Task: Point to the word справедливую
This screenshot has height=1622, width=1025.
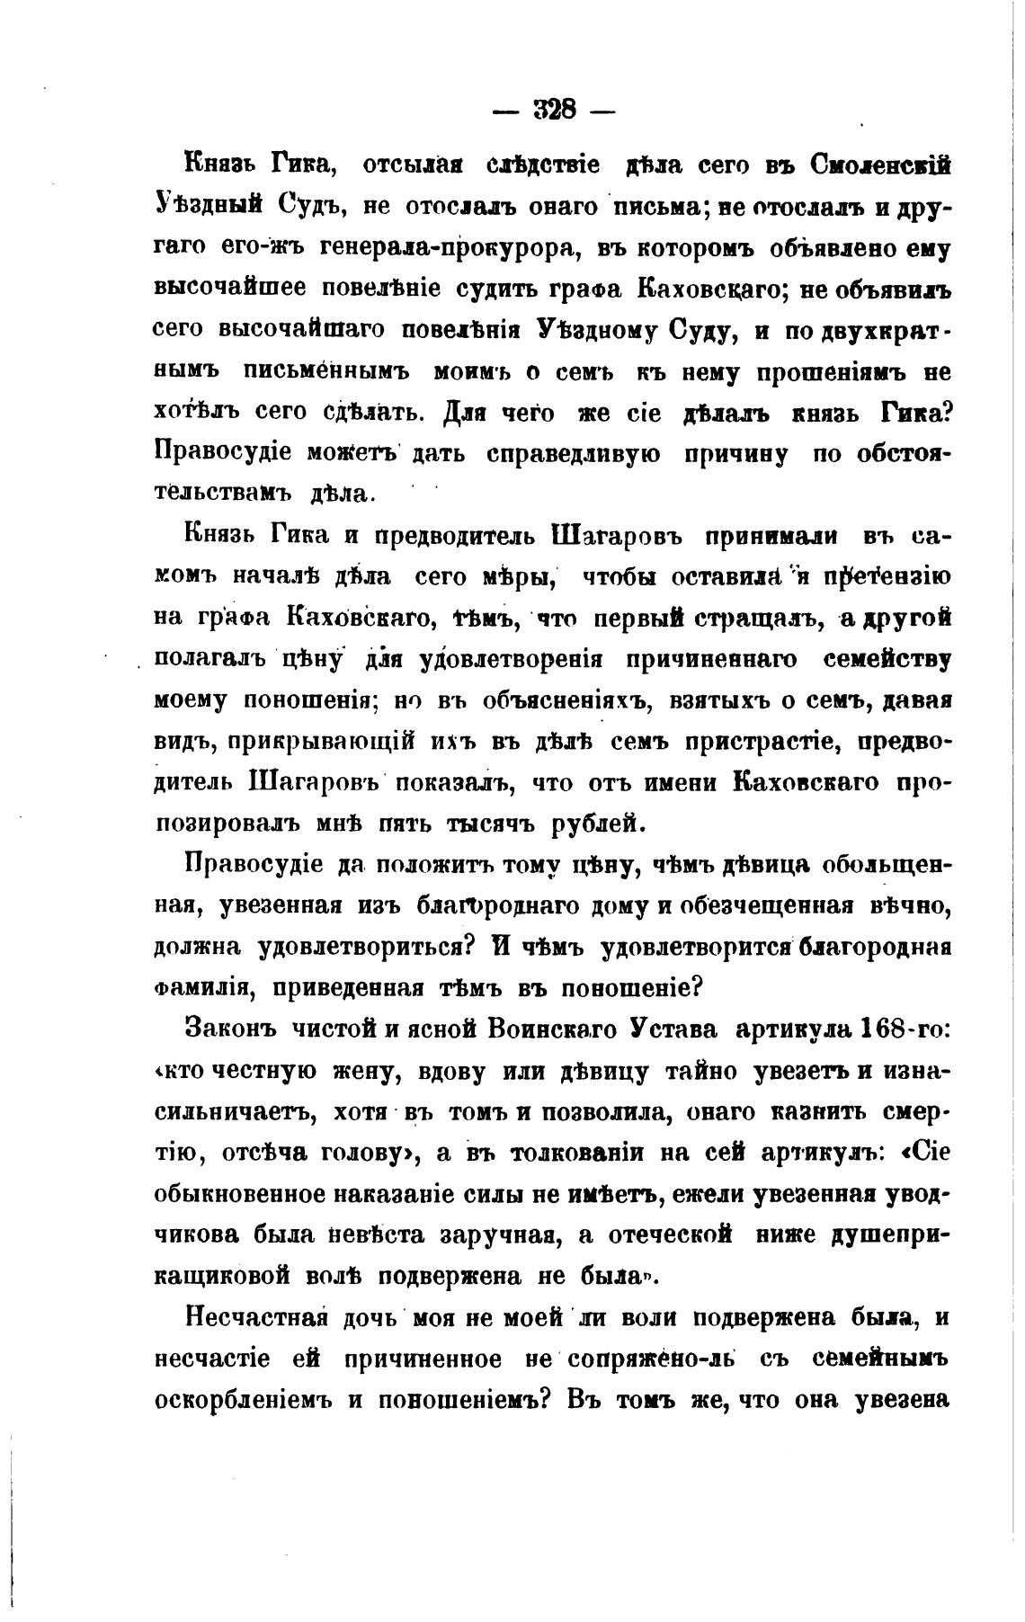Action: pos(573,453)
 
